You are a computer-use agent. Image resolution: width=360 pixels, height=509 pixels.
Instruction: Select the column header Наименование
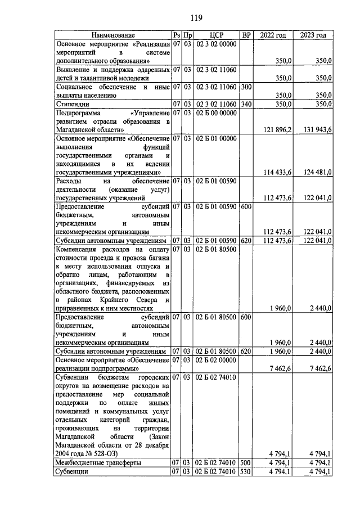[x=110, y=35]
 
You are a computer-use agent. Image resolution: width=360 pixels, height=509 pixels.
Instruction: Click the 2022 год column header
[x=273, y=35]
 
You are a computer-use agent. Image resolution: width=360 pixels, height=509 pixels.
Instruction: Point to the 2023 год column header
[x=313, y=35]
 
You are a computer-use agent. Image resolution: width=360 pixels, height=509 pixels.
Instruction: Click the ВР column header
[x=246, y=35]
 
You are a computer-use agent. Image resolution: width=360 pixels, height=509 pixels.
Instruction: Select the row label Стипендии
[x=73, y=104]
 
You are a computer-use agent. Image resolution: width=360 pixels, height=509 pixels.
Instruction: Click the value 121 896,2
[x=277, y=130]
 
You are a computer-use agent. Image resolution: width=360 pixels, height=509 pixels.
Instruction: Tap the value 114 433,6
[x=277, y=172]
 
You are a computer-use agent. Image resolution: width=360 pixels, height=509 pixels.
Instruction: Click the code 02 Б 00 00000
[x=216, y=113]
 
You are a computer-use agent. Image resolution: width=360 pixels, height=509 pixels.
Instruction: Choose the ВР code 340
[x=246, y=104]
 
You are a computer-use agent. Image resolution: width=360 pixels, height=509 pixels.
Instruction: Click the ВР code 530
[x=246, y=472]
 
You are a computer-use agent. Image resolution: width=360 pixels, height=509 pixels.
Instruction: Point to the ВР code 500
[x=246, y=463]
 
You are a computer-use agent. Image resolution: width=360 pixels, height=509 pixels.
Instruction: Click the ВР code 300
[x=246, y=87]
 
